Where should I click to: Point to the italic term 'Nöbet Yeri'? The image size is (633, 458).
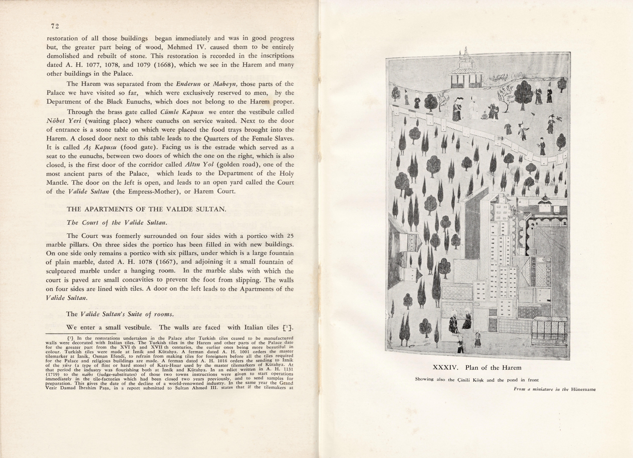[x=64, y=121]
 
